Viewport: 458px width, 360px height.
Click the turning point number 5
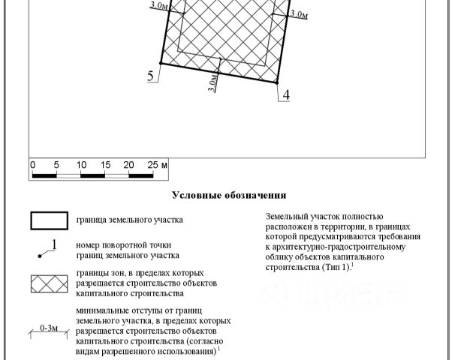point(151,75)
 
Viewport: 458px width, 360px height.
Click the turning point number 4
point(286,94)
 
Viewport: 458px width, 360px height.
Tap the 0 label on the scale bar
point(32,164)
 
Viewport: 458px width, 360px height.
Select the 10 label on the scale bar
point(81,164)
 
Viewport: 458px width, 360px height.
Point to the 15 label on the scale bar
point(105,164)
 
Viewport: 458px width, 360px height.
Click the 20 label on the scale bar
point(128,164)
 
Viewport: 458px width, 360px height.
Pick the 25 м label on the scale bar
point(156,164)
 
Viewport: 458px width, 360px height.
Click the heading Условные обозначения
point(229,195)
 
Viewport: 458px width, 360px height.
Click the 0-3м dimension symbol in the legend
point(49,328)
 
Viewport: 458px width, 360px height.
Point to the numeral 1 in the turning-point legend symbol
point(54,244)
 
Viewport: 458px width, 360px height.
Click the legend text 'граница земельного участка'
point(129,220)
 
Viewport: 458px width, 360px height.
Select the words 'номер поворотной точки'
point(123,245)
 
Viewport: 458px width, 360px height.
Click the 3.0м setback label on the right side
point(298,14)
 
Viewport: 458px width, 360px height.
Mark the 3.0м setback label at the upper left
point(158,6)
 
